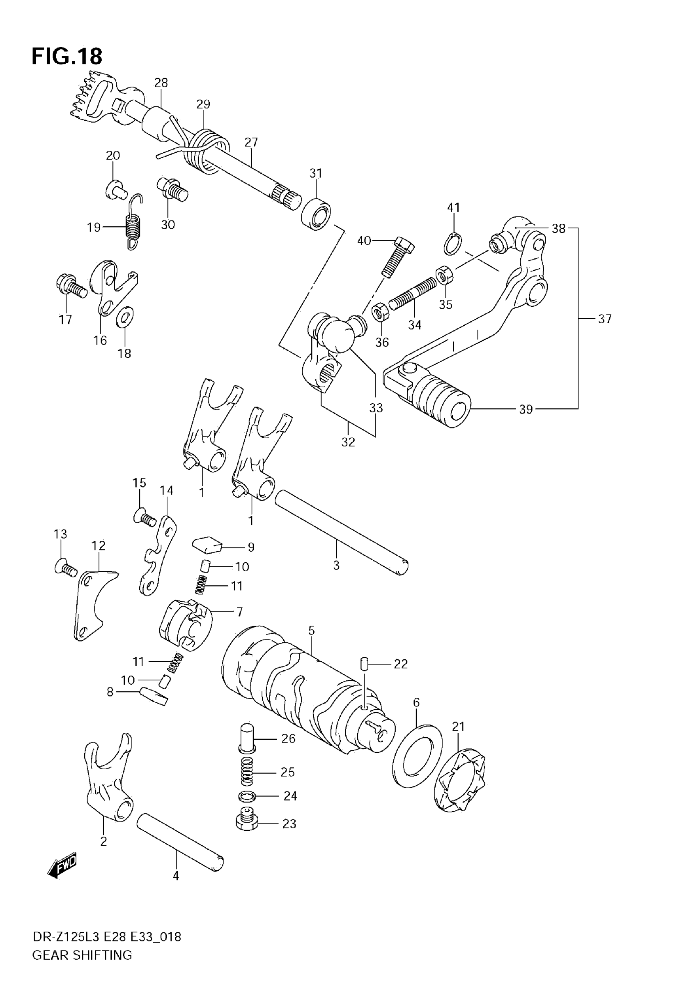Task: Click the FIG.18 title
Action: coord(67,56)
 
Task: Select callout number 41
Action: coord(453,208)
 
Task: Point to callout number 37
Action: coord(604,319)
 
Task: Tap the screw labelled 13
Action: coord(66,568)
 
